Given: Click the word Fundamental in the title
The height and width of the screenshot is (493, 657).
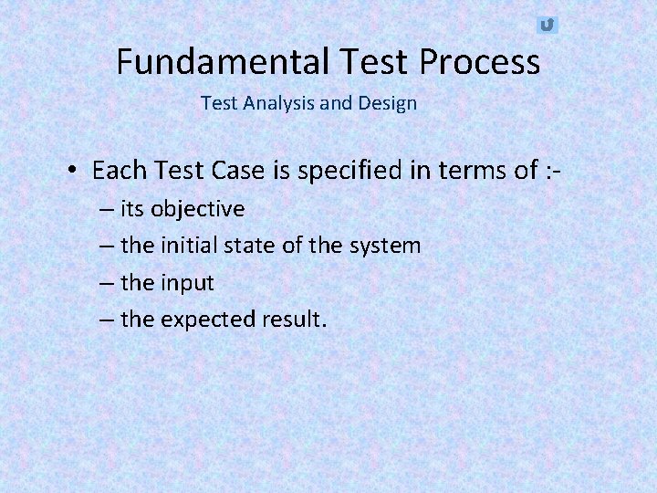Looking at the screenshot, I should coord(224,62).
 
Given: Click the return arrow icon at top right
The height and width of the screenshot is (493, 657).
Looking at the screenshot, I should coord(547,25).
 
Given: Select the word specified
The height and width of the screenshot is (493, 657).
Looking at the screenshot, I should coord(336,171).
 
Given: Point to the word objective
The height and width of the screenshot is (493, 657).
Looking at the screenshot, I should coord(197,209).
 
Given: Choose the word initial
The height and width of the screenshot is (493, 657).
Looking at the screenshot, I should coord(191,246).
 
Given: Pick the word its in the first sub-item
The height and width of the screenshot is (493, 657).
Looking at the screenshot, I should coord(132,209).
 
